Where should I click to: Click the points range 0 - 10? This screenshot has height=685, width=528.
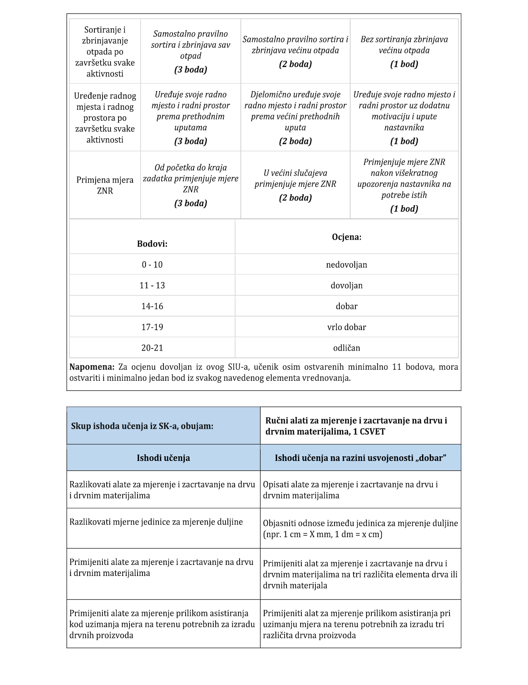(x=152, y=265)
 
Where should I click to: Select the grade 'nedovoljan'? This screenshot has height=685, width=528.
(x=346, y=265)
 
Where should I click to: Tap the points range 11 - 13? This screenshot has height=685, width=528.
(x=152, y=286)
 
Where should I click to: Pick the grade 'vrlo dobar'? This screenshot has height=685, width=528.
(x=346, y=327)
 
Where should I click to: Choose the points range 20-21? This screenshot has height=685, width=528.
(x=152, y=348)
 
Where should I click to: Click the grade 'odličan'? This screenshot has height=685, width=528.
(x=346, y=348)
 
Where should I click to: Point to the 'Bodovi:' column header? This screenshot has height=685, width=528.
(x=152, y=244)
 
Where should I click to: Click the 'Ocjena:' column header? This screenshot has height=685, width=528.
(x=346, y=237)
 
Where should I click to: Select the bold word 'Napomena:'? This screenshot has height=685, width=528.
(x=92, y=367)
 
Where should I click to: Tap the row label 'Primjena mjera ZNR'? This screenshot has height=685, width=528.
(x=105, y=185)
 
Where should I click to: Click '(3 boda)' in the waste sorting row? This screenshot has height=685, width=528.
(x=190, y=70)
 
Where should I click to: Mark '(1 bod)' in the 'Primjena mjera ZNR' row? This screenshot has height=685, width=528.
(x=404, y=209)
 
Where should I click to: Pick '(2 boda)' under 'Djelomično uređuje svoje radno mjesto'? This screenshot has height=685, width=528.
(x=295, y=141)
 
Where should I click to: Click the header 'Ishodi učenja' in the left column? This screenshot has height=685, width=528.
(x=163, y=458)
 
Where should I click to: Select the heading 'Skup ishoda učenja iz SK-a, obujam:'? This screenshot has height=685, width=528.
(x=142, y=426)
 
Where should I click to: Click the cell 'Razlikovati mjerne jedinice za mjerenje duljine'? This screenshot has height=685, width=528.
(x=156, y=522)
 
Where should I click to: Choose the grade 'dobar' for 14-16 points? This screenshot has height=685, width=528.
(x=346, y=306)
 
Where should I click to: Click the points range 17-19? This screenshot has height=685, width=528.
(x=152, y=327)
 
